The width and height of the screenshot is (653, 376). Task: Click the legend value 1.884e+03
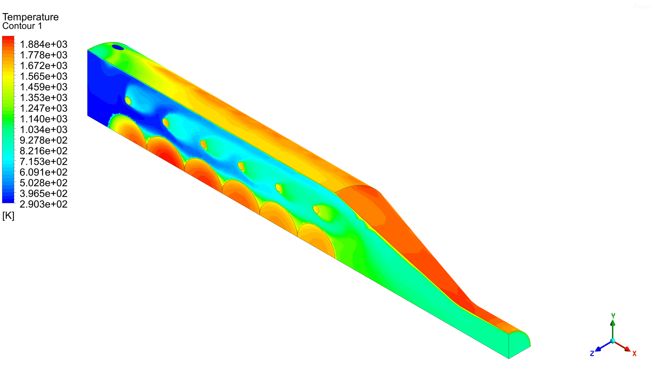43,44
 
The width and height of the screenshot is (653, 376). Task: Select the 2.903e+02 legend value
43,204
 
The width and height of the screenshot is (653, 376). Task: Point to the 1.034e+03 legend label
43,130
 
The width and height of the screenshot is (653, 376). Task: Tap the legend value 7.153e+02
43,162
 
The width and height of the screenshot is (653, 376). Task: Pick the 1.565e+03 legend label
43,77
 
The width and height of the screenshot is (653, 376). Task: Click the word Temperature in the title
30,17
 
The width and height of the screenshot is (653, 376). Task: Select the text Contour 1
22,26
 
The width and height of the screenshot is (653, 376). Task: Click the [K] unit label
8,216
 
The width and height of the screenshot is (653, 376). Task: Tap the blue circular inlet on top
118,47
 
